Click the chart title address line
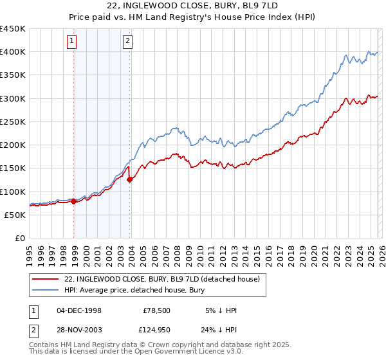tap(192, 6)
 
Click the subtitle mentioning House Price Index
tap(192, 17)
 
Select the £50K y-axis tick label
tap(15, 215)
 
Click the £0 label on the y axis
tap(21, 239)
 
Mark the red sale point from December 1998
tap(74, 201)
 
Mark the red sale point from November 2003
tap(130, 179)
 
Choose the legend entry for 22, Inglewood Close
tap(161, 279)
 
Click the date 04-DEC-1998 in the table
tap(78, 310)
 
